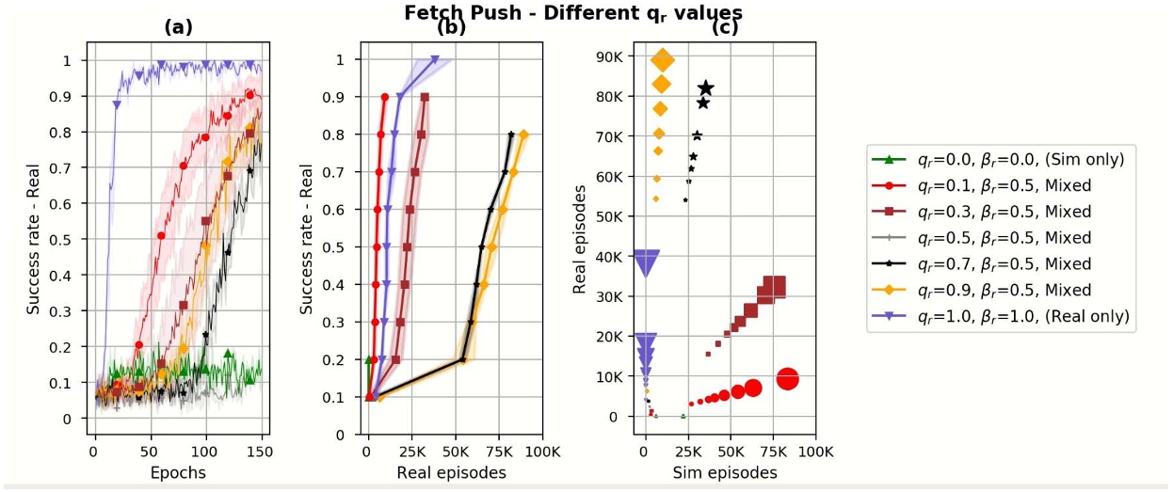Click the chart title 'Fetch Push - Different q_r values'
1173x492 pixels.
[573, 12]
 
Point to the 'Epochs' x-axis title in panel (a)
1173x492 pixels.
[178, 472]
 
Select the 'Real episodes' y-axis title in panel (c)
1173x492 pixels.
[582, 239]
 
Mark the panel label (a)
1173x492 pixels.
[178, 28]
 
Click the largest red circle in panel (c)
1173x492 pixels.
[788, 379]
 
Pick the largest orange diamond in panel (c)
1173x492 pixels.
[663, 61]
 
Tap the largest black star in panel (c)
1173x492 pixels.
[705, 88]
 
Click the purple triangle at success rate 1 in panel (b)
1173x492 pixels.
[435, 60]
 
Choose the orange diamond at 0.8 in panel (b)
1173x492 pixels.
[523, 135]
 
